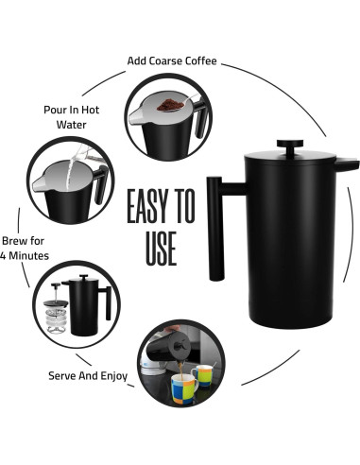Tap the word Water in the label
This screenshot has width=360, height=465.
pyautogui.click(x=71, y=125)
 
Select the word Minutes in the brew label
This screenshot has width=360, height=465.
pyautogui.click(x=28, y=255)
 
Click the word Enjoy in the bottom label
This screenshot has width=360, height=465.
pyautogui.click(x=114, y=376)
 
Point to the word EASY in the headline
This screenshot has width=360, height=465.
pyautogui.click(x=148, y=206)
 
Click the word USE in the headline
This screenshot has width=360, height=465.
pyautogui.click(x=161, y=249)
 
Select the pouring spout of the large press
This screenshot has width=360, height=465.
pyautogui.click(x=346, y=165)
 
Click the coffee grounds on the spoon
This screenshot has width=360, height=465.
pyautogui.click(x=169, y=105)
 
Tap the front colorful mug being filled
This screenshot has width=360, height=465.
pyautogui.click(x=184, y=388)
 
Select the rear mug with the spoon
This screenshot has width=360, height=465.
pyautogui.click(x=202, y=376)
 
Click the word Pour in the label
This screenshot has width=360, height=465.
pyautogui.click(x=54, y=110)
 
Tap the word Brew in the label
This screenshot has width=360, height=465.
pyautogui.click(x=14, y=241)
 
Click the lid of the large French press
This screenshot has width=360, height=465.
pyautogui.click(x=290, y=156)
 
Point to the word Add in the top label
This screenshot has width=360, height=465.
pyautogui.click(x=137, y=60)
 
